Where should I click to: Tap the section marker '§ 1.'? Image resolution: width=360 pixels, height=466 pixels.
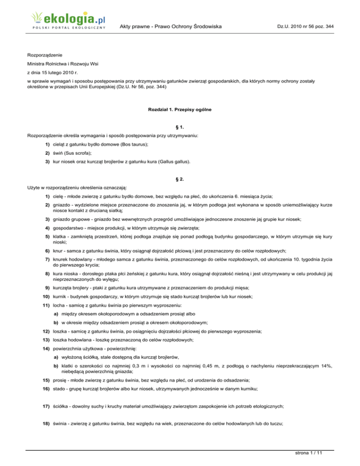tap(180, 129)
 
